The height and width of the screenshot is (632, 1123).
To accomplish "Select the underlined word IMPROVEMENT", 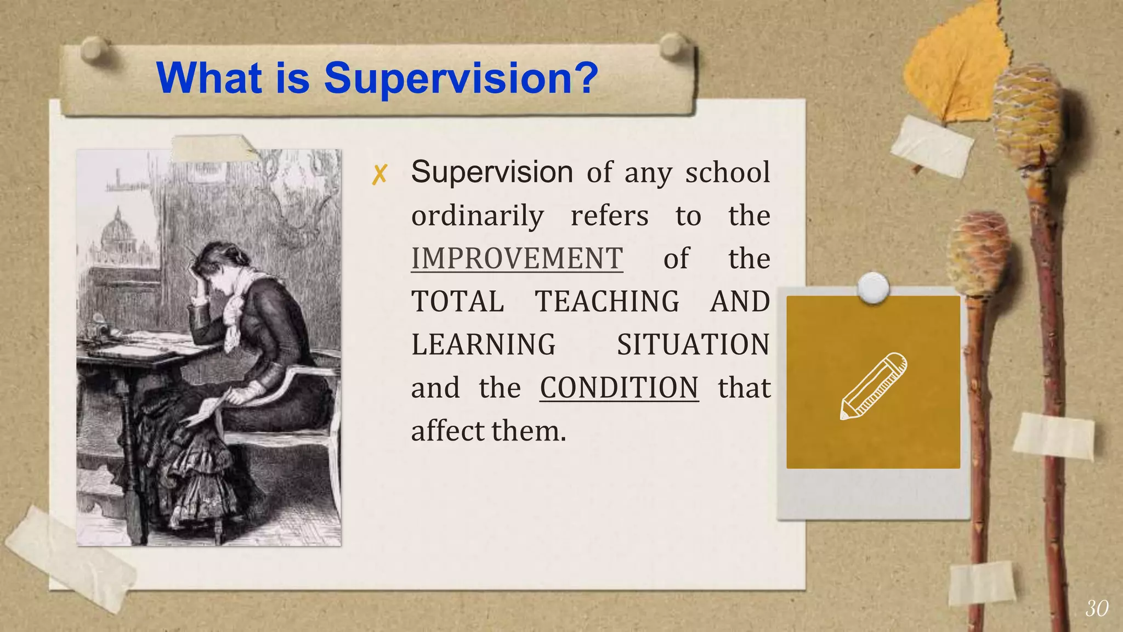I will click(517, 258).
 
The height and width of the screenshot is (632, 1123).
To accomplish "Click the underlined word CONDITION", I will click(619, 387).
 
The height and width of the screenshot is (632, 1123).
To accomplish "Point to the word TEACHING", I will click(607, 301).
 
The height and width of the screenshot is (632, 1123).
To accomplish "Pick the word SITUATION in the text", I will click(693, 345).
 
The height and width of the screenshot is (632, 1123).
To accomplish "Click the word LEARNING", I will click(484, 345).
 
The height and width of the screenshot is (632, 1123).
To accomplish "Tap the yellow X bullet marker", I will click(379, 174).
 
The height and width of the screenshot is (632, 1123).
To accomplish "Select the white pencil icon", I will click(873, 385).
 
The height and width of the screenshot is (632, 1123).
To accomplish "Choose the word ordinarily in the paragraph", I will click(478, 216).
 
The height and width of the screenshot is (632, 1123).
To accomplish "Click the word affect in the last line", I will click(448, 431).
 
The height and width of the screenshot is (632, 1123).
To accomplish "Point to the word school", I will click(728, 173).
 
